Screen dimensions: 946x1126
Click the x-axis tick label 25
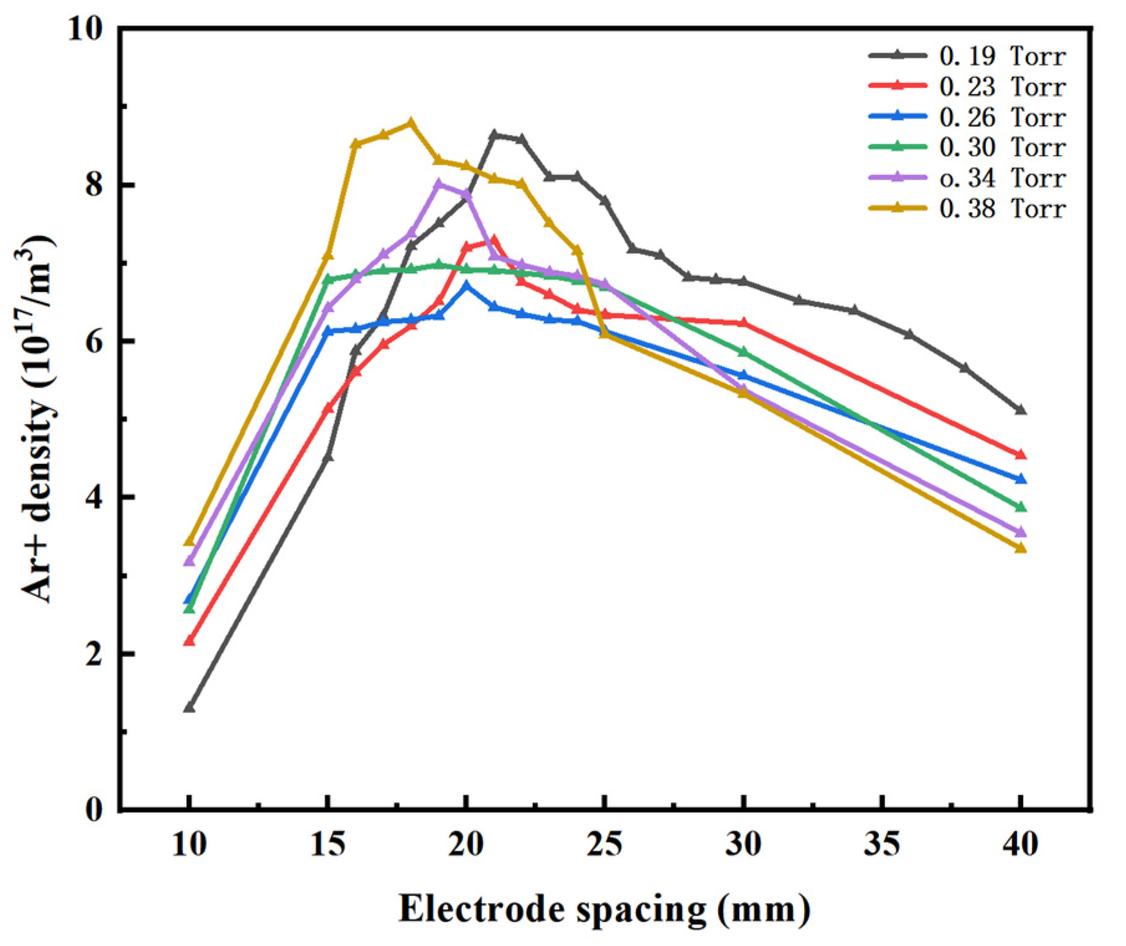605,845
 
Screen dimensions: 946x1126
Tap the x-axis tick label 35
882,845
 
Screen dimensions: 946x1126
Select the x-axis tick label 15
328,845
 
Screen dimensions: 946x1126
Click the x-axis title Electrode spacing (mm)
604,909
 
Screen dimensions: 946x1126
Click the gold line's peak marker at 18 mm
411,123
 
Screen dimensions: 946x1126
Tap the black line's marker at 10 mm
189,708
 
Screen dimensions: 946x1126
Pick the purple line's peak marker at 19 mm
439,184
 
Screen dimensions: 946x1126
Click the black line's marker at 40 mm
1020,410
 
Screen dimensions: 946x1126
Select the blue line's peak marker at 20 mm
466,285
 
